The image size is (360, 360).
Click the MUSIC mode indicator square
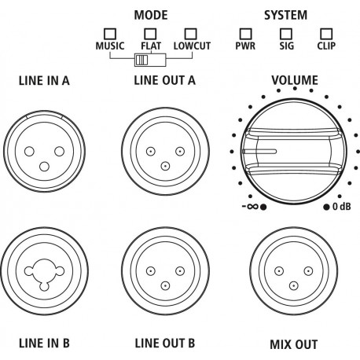[110, 34]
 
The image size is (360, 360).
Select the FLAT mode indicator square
[150, 34]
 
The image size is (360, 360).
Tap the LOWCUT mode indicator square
[190, 34]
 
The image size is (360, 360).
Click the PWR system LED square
[245, 34]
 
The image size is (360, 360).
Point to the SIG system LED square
[286, 34]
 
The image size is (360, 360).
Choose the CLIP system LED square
[326, 34]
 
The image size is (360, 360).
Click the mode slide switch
[150, 60]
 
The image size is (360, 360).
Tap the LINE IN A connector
[44, 151]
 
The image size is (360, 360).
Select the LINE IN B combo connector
[44, 271]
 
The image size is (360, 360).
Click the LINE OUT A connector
[165, 151]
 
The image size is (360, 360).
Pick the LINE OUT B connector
[165, 271]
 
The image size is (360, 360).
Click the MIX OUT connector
[294, 271]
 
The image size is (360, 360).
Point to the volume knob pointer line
[259, 152]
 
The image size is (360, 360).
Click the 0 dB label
[341, 207]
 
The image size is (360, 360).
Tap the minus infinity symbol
[251, 207]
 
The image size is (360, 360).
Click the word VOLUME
[295, 80]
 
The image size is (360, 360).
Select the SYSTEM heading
[285, 15]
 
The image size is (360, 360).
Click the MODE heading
[151, 15]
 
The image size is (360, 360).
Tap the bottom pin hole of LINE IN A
[44, 167]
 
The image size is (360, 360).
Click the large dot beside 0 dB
[326, 207]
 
